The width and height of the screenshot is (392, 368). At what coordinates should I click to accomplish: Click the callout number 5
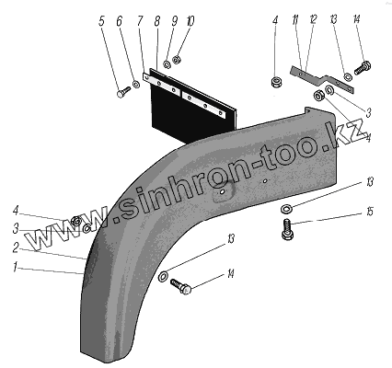point(102,21)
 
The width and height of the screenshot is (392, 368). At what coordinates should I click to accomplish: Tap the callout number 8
point(157,21)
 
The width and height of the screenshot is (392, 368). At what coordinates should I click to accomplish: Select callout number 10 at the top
point(190,21)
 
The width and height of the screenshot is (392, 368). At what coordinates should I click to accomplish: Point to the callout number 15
point(370,212)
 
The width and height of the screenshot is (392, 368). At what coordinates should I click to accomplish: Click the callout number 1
point(15,268)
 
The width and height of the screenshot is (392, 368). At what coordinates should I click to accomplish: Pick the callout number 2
point(16,248)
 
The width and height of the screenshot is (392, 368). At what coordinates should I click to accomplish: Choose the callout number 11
point(295,20)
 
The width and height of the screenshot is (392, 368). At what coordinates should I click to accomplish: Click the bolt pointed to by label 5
point(123,92)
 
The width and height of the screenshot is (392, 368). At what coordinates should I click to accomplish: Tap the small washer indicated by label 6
point(136,84)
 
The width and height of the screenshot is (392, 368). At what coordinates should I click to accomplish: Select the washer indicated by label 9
point(167,65)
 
